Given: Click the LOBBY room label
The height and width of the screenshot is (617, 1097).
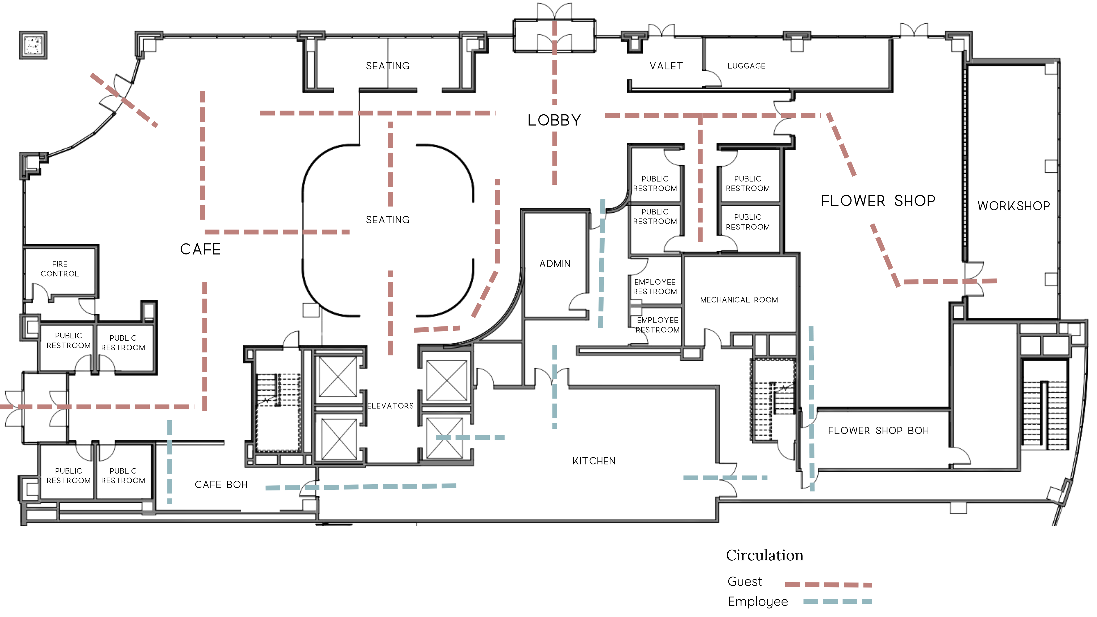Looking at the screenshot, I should pos(554,120).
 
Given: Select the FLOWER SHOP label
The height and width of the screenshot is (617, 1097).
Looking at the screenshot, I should pos(878,201).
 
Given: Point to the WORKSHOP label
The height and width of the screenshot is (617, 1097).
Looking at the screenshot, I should pos(1013,206).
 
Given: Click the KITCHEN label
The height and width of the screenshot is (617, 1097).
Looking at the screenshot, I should pos(594,461).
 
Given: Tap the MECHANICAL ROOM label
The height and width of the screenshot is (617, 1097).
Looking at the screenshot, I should pos(739,300).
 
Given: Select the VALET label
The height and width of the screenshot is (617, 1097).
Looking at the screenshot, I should pos(666,66).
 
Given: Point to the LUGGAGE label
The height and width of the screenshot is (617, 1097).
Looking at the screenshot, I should pos(746,66).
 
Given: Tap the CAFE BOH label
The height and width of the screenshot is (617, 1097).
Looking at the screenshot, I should pos(221,485).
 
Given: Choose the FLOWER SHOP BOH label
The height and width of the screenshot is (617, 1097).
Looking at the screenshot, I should pos(878,431).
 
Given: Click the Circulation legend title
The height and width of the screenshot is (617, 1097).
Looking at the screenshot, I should pos(764,555).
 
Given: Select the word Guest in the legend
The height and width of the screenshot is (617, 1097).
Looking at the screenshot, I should pos(744,582).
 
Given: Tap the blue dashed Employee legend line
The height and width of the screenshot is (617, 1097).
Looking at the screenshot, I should pos(837,601).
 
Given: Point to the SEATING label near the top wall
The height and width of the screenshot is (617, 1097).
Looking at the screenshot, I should pos(388,66).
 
